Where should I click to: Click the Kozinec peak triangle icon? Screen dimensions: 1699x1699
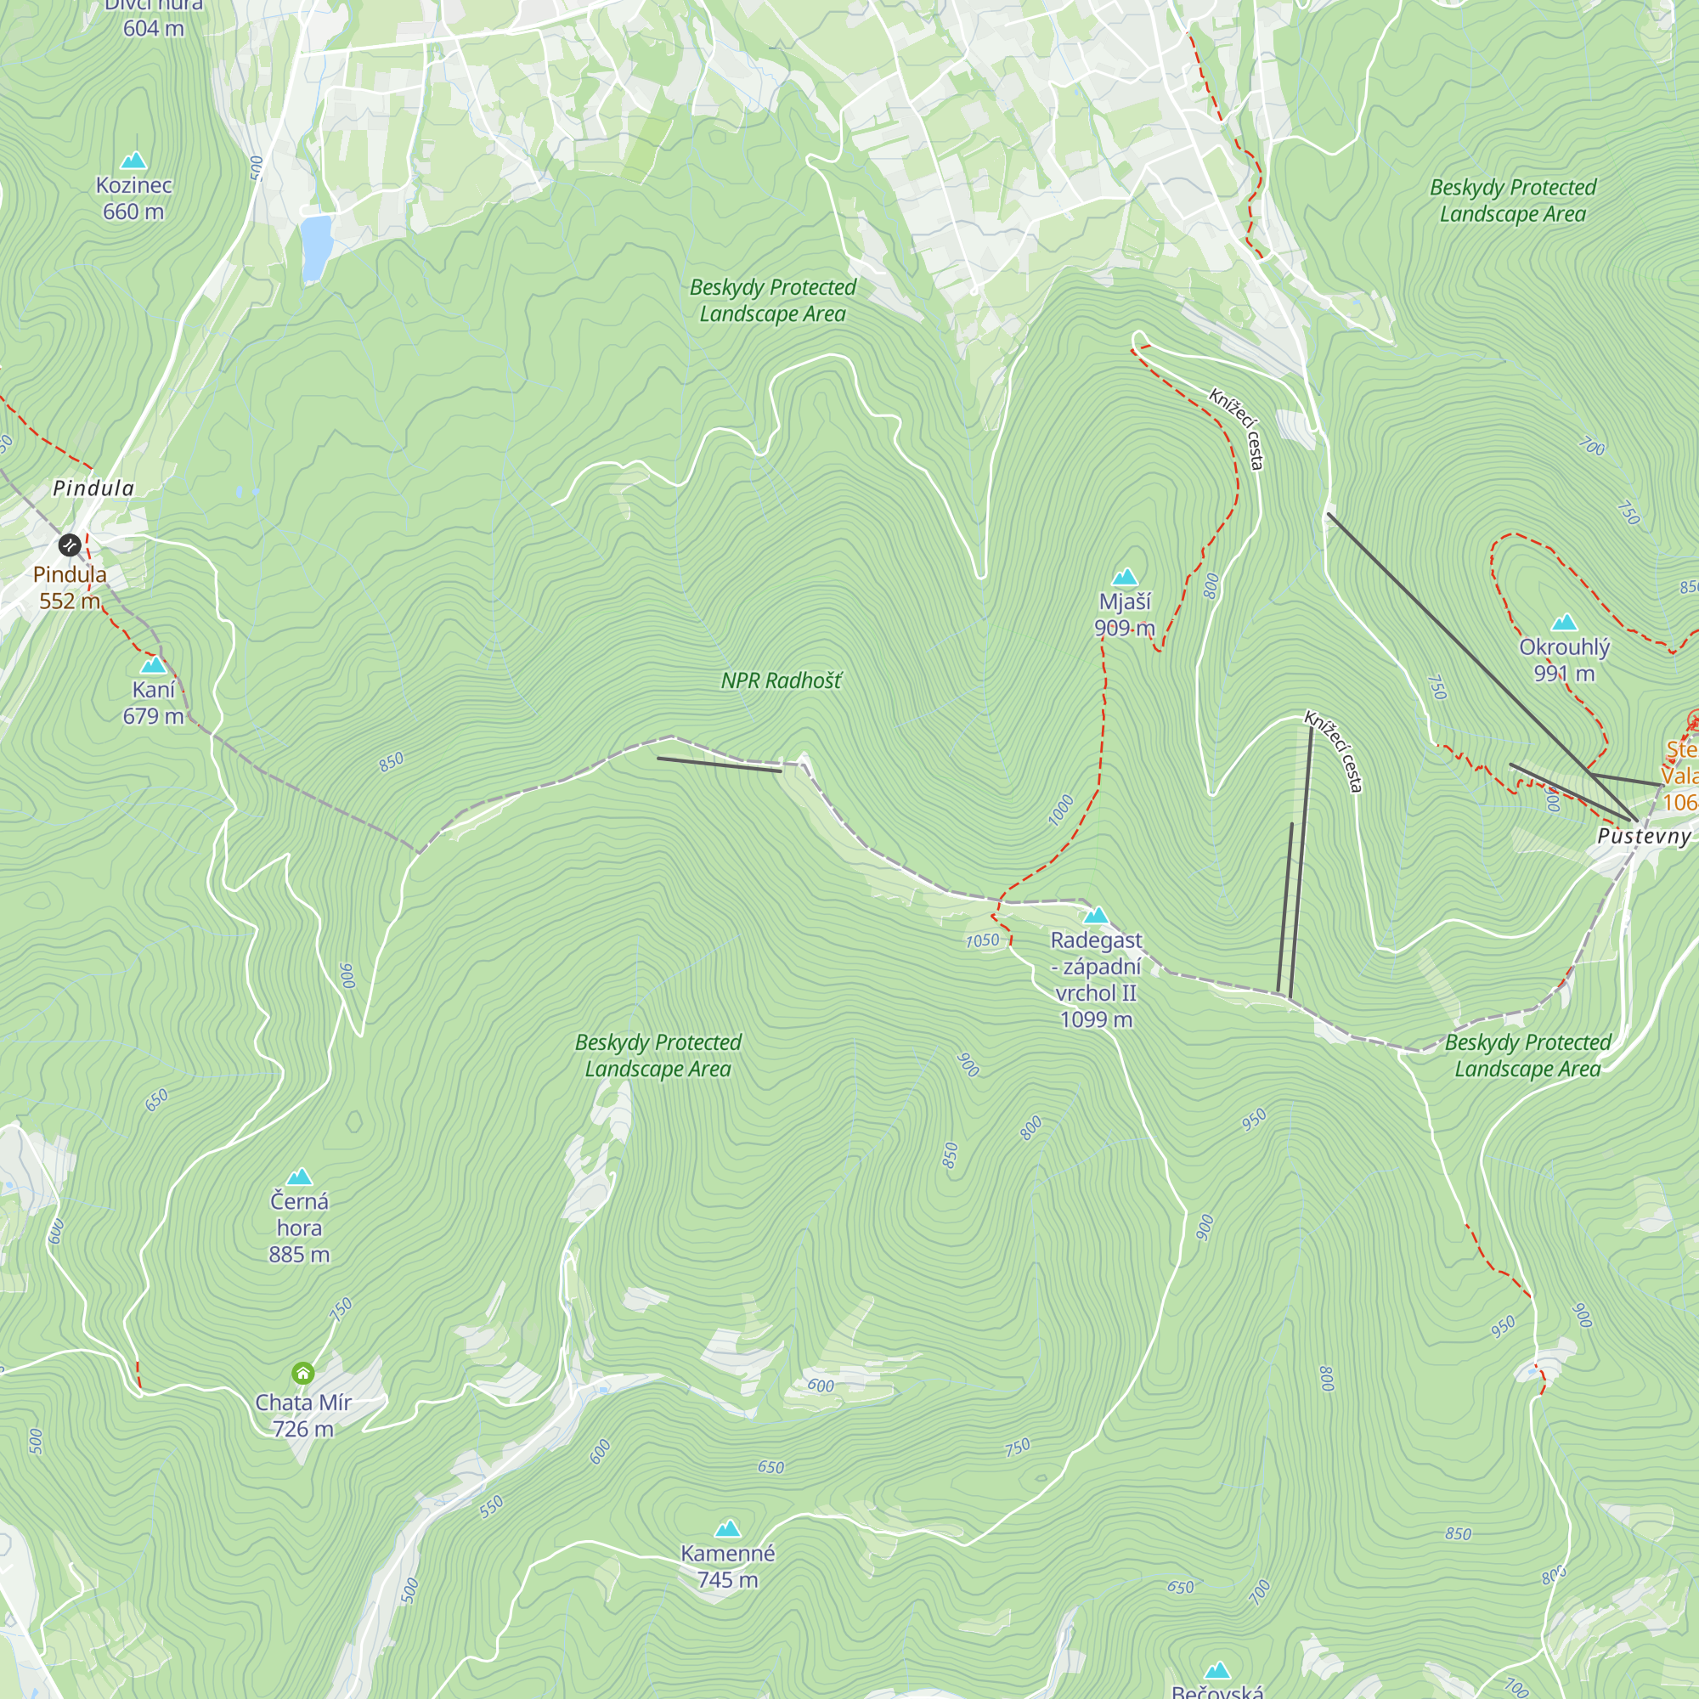[x=133, y=160]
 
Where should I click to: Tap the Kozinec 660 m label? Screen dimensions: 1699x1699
[x=133, y=199]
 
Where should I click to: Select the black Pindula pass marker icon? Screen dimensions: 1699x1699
[x=70, y=545]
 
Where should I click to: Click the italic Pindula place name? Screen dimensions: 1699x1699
[x=94, y=488]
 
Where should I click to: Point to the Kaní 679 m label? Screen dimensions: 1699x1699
[x=153, y=703]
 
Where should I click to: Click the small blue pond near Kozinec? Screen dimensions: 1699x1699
[x=315, y=247]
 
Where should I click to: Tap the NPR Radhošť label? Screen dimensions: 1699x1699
[x=781, y=680]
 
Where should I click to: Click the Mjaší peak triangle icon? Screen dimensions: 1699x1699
[x=1125, y=578]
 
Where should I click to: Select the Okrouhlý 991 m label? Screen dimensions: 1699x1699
[x=1565, y=660]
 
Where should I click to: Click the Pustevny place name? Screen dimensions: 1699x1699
[x=1644, y=836]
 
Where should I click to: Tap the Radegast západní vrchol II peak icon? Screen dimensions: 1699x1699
[x=1096, y=917]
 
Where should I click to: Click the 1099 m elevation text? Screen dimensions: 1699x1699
[x=1096, y=1020]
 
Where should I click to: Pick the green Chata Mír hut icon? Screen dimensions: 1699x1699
[x=302, y=1373]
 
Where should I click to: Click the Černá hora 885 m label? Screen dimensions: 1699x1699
[x=299, y=1228]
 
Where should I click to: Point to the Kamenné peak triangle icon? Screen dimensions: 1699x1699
[x=727, y=1528]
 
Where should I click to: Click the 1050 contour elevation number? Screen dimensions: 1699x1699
[x=982, y=940]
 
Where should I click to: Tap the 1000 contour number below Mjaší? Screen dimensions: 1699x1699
[x=1061, y=810]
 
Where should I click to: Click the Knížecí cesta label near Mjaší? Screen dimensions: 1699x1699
[x=1236, y=429]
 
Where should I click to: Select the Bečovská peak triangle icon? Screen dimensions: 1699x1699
[x=1217, y=1670]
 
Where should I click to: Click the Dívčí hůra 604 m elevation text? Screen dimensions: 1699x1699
[x=153, y=28]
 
